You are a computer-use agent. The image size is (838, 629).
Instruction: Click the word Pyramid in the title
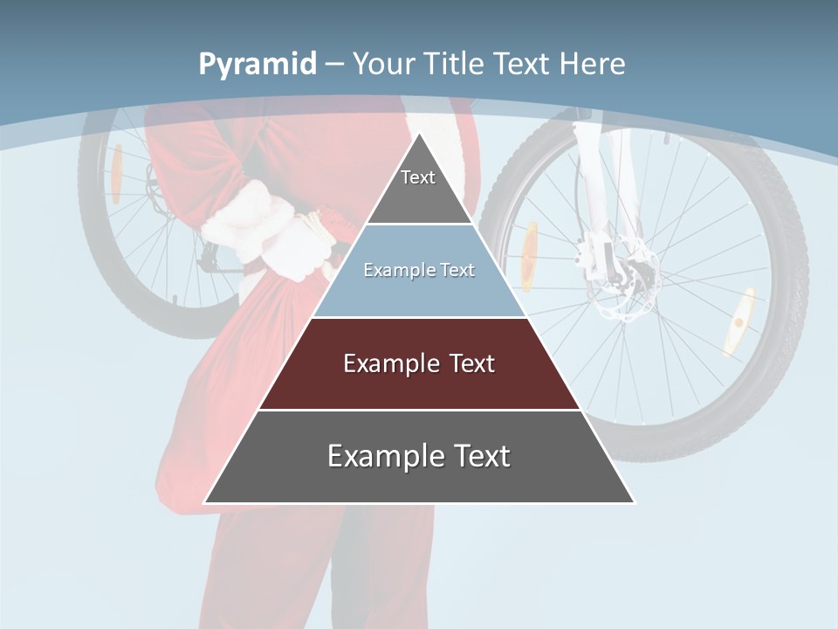tap(257, 65)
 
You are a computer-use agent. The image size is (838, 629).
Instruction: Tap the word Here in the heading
tap(592, 64)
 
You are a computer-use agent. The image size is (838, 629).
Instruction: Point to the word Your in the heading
tap(382, 64)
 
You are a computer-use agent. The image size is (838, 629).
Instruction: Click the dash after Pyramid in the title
tap(334, 65)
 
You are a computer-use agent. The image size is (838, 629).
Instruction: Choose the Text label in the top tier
tap(418, 177)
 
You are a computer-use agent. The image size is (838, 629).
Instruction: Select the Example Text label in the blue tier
tap(419, 270)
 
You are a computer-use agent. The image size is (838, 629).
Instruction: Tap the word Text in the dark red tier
tap(472, 363)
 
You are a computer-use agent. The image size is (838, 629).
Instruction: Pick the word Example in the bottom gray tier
tap(381, 456)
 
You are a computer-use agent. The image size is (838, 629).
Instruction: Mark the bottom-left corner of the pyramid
tap(205, 502)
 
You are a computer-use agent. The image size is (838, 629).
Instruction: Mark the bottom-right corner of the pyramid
tap(634, 502)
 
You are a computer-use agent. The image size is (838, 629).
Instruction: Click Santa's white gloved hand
tap(297, 245)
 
